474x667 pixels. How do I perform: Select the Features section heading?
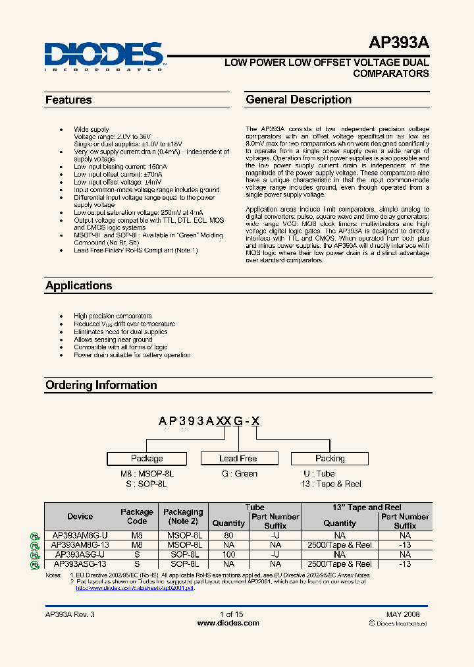tap(68, 100)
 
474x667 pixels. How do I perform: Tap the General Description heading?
tap(298, 100)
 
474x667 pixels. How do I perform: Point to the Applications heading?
tap(78, 285)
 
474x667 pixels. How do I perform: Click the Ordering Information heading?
tap(101, 385)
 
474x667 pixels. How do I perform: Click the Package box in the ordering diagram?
tap(147, 459)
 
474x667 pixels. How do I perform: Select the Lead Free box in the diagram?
tap(238, 459)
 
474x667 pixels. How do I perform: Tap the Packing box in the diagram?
tap(330, 459)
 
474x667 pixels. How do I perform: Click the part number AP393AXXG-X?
tap(210, 422)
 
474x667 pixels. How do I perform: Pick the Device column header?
tap(80, 517)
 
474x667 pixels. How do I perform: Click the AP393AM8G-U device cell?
tap(80, 536)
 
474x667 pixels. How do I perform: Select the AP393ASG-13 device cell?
tap(80, 564)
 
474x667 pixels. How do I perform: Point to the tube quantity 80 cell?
tap(228, 536)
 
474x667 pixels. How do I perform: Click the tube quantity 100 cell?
tap(228, 555)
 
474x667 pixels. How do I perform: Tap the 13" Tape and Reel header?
tap(366, 507)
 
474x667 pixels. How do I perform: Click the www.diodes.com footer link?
tap(228, 623)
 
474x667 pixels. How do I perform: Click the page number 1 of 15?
tap(231, 614)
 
